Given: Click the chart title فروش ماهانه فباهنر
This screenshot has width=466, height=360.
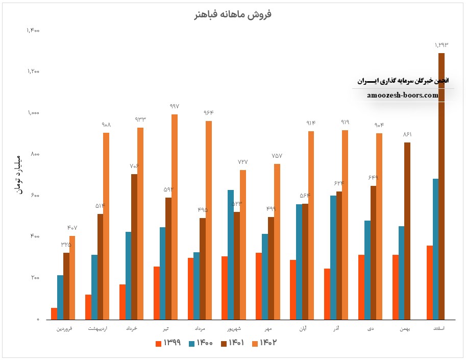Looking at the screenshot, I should (x=233, y=14).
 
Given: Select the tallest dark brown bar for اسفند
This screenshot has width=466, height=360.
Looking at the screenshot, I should (x=442, y=186).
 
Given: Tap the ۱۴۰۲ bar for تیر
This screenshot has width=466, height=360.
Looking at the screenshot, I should (x=175, y=217).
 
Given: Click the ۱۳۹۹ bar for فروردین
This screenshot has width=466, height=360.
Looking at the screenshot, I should (x=54, y=314).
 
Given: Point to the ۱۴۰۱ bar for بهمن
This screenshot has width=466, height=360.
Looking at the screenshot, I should (x=407, y=231).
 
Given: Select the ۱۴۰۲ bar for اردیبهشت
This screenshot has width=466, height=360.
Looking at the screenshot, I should (x=106, y=226).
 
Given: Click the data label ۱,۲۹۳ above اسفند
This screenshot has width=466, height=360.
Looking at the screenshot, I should (x=442, y=45).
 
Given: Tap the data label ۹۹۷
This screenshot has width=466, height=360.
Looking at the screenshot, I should (x=175, y=106).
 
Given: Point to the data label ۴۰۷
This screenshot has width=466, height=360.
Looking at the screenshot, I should (x=72, y=227).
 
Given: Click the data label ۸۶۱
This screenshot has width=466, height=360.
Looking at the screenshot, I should (x=407, y=134).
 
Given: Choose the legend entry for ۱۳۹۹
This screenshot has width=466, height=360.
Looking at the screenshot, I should (x=169, y=343).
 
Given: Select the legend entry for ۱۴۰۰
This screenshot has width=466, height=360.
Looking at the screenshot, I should (x=200, y=343).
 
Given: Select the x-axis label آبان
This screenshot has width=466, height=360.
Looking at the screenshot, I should (x=302, y=328).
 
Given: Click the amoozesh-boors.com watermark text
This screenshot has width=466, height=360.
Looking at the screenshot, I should (x=403, y=95).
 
